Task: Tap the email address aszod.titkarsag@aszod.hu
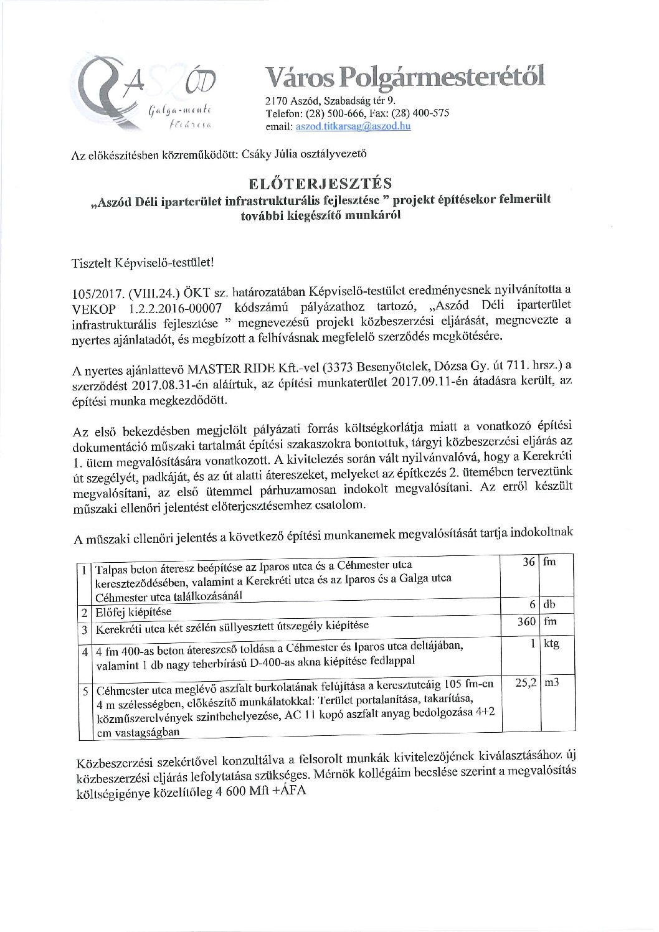click(x=353, y=126)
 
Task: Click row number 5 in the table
click(x=84, y=690)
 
